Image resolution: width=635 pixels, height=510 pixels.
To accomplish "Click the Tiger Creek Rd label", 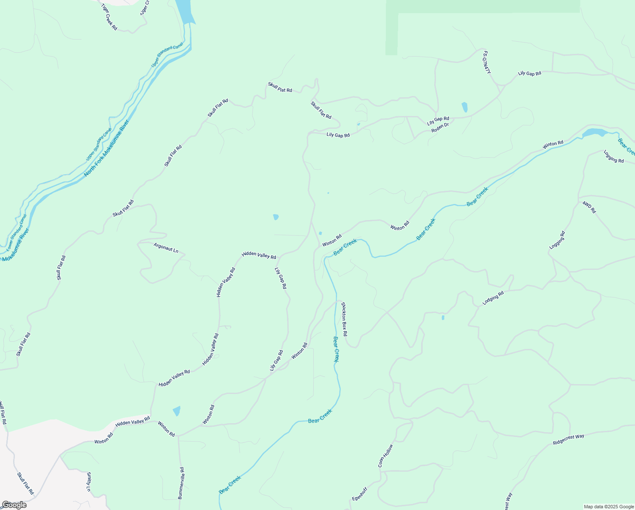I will pos(109,17).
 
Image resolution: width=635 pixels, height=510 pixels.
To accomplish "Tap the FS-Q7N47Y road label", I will pos(486,63).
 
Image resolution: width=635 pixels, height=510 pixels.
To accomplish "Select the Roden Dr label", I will pos(440,127).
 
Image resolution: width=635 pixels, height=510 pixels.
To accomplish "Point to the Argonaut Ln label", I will pos(166,247).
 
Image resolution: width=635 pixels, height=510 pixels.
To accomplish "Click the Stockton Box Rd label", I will pos(344,319).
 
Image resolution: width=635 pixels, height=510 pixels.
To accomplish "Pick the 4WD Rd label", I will pos(589,207).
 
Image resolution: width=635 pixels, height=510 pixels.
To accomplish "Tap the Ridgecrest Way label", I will pos(568,439).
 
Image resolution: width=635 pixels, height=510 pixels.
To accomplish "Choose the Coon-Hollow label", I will pos(385,456).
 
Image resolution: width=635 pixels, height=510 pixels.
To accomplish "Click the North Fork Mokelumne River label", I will pos(106,148).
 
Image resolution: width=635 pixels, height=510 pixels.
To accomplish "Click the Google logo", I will pos(14,505).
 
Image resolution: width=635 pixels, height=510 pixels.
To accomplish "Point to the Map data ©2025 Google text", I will pos(608,507).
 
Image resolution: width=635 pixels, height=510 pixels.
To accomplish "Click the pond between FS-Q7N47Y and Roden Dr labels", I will pos(464,107).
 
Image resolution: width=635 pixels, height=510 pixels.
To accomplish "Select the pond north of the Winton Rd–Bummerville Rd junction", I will pos(177,411).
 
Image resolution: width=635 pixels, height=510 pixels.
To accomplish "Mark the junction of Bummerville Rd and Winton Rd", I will pos(179,436).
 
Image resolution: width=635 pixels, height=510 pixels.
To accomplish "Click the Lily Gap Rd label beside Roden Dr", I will pos(438,121).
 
